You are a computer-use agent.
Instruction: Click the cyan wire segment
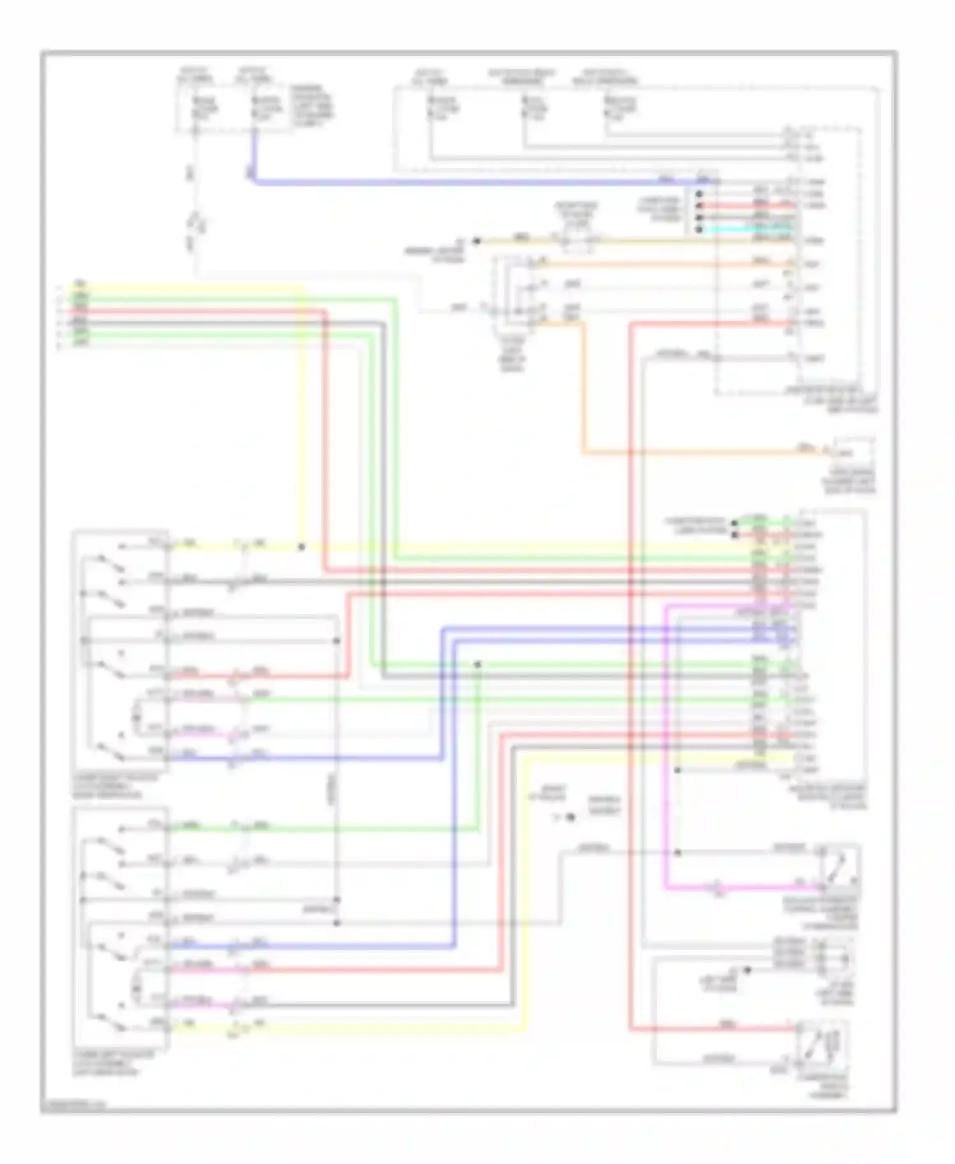click(745, 229)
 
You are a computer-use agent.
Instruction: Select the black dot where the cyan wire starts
click(699, 229)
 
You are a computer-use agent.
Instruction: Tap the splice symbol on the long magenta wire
click(718, 887)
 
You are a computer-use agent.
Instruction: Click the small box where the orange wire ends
click(854, 451)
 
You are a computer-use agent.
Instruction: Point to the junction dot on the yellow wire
click(302, 546)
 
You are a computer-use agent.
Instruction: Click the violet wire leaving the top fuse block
click(446, 182)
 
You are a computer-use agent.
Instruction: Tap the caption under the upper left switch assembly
click(108, 786)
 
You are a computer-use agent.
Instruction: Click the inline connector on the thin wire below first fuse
click(195, 224)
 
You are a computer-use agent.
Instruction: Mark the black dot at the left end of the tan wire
click(476, 241)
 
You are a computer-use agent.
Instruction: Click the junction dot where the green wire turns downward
click(477, 664)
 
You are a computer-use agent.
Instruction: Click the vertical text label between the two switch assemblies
click(332, 790)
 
